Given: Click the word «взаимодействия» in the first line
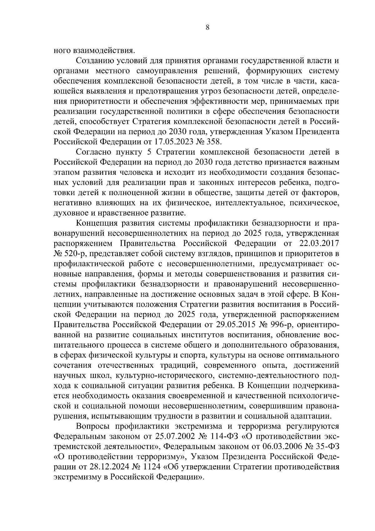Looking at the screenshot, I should [104, 50].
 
